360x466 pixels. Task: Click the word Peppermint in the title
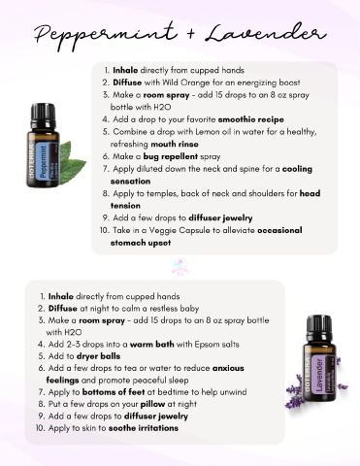pyautogui.click(x=106, y=35)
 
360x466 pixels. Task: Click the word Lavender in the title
pyautogui.click(x=266, y=33)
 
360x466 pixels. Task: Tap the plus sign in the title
pyautogui.click(x=191, y=33)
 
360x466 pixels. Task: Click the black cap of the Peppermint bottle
pyautogui.click(x=44, y=116)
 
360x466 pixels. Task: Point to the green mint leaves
pyautogui.click(x=72, y=162)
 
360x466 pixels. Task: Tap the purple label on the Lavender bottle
pyautogui.click(x=319, y=375)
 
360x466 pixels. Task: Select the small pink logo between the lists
pyautogui.click(x=181, y=267)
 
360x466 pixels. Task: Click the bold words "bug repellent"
pyautogui.click(x=171, y=156)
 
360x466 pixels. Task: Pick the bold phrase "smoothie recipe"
pyautogui.click(x=251, y=119)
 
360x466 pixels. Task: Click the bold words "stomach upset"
pyautogui.click(x=141, y=243)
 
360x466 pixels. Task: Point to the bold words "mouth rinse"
pyautogui.click(x=175, y=144)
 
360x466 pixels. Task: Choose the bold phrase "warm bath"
pyautogui.click(x=152, y=345)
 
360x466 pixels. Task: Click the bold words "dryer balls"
pyautogui.click(x=98, y=356)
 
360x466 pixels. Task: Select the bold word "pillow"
pyautogui.click(x=152, y=404)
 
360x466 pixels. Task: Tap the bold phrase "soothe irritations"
pyautogui.click(x=144, y=428)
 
